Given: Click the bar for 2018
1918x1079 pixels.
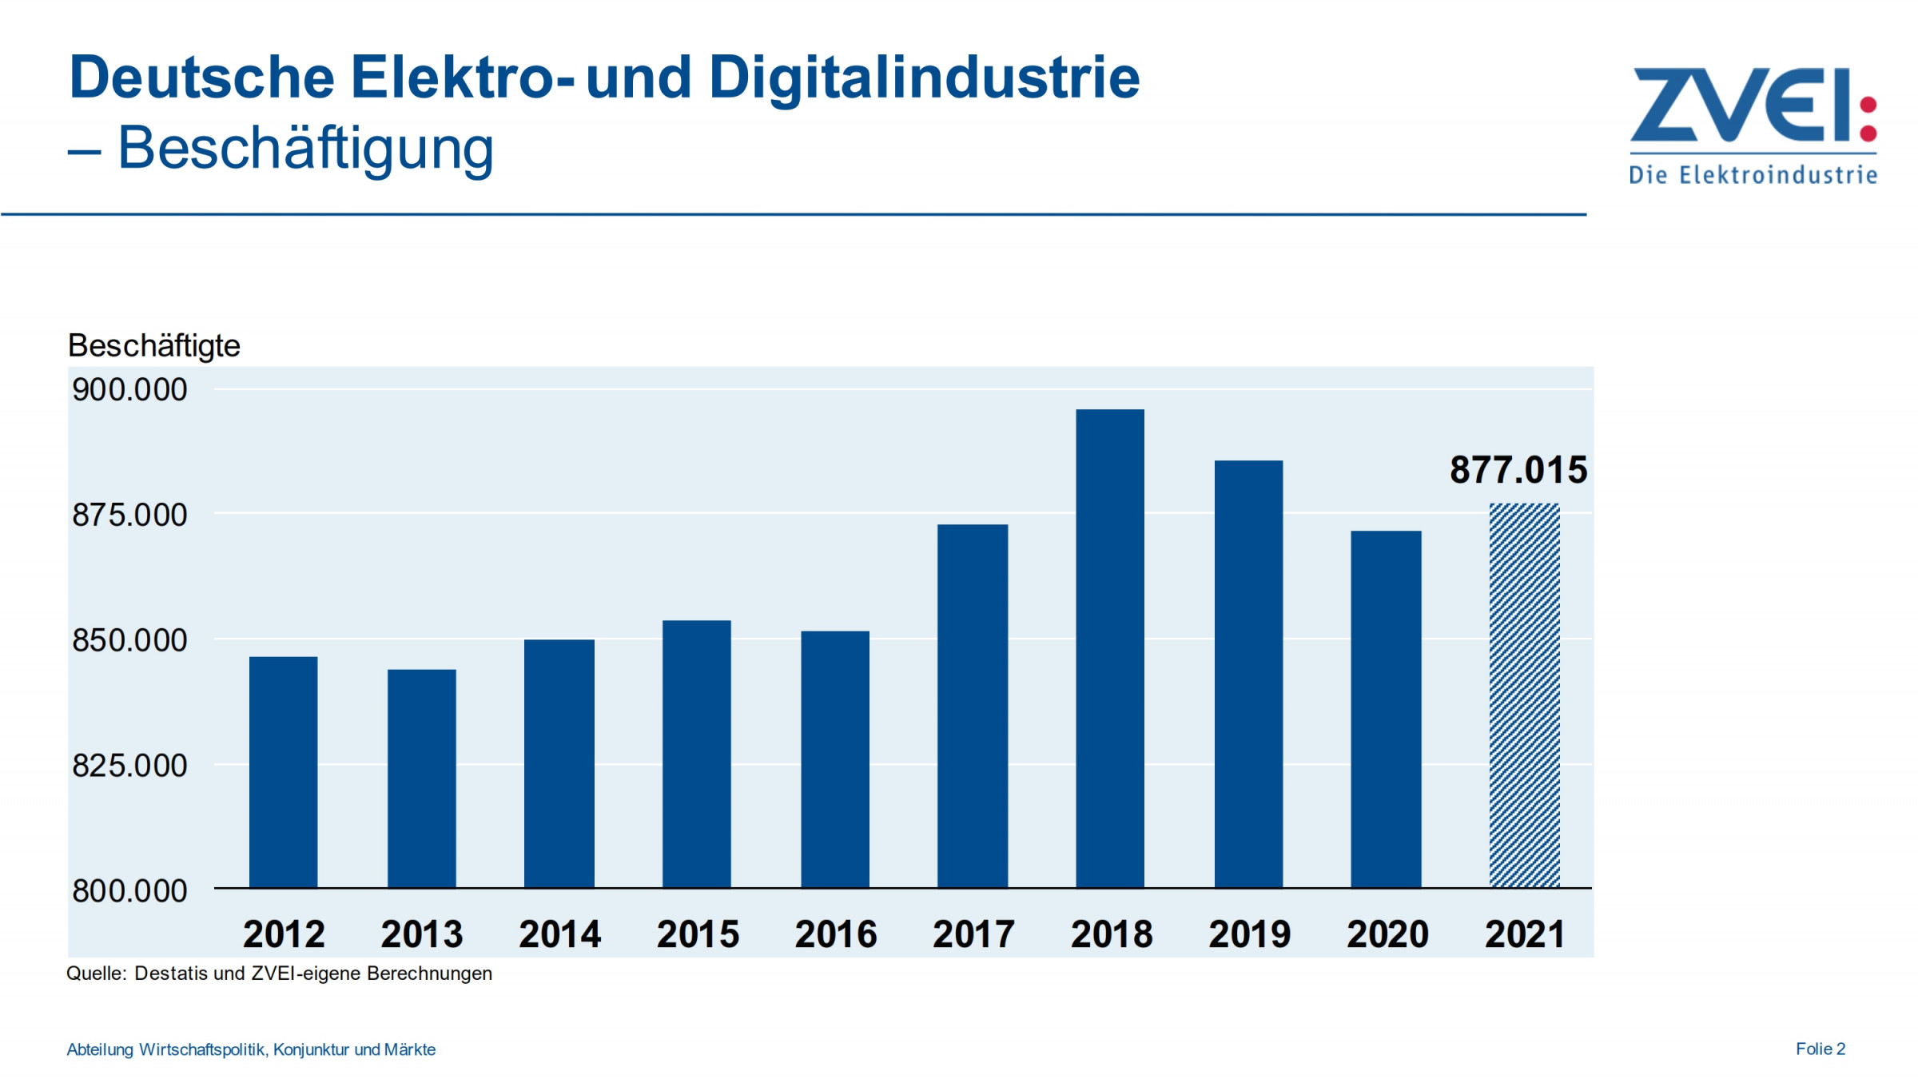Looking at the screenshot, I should pyautogui.click(x=1109, y=647).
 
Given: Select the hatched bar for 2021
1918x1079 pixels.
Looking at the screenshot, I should pyautogui.click(x=1524, y=695).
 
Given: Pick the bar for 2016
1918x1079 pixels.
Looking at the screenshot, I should pyautogui.click(x=835, y=759).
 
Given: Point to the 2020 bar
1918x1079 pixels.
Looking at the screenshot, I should pyautogui.click(x=1386, y=709).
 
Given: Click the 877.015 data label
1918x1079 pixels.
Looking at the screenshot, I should pyautogui.click(x=1518, y=470).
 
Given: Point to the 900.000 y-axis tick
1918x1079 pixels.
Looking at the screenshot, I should pyautogui.click(x=129, y=390).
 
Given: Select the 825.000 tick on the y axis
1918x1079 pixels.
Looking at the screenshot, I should pyautogui.click(x=129, y=766).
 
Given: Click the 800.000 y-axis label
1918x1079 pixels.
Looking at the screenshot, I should pyautogui.click(x=129, y=891).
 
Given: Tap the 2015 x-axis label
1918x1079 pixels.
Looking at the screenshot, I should pyautogui.click(x=698, y=934).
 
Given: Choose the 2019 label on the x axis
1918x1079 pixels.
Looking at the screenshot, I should pyautogui.click(x=1249, y=934).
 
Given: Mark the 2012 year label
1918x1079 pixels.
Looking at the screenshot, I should pyautogui.click(x=284, y=934).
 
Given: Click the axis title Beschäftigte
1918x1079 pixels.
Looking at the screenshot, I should pyautogui.click(x=153, y=346).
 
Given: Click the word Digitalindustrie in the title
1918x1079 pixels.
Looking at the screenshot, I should pyautogui.click(x=924, y=78).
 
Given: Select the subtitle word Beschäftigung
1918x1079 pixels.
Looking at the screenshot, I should pyautogui.click(x=305, y=149).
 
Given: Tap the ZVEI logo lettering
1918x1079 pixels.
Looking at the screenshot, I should pyautogui.click(x=1742, y=106).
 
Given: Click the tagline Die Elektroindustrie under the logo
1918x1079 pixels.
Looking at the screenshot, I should pyautogui.click(x=1753, y=175).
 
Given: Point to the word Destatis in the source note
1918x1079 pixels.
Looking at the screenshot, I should pyautogui.click(x=170, y=973).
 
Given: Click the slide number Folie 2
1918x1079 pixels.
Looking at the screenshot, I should pyautogui.click(x=1820, y=1049).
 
